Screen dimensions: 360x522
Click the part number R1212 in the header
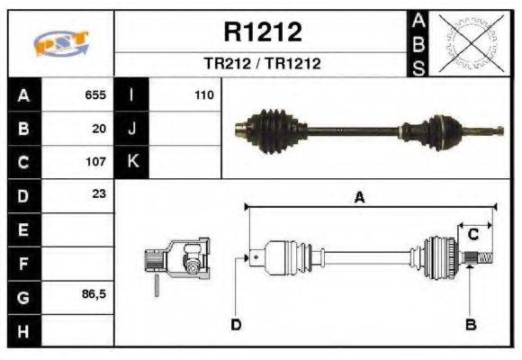(262, 32)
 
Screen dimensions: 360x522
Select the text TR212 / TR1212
(262, 65)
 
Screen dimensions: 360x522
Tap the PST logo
(61, 44)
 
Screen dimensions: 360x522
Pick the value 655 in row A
(95, 94)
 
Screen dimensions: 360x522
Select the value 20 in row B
(100, 128)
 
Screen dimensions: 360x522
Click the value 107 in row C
(95, 161)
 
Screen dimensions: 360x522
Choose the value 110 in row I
(202, 94)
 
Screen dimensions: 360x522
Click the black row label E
(22, 229)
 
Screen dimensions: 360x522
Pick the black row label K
(131, 162)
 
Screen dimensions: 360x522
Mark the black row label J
(131, 129)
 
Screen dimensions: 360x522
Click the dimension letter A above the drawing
(359, 199)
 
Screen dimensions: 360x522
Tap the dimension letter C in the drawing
(472, 235)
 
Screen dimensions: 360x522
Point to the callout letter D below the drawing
(236, 324)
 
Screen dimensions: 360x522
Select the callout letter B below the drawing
(470, 323)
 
